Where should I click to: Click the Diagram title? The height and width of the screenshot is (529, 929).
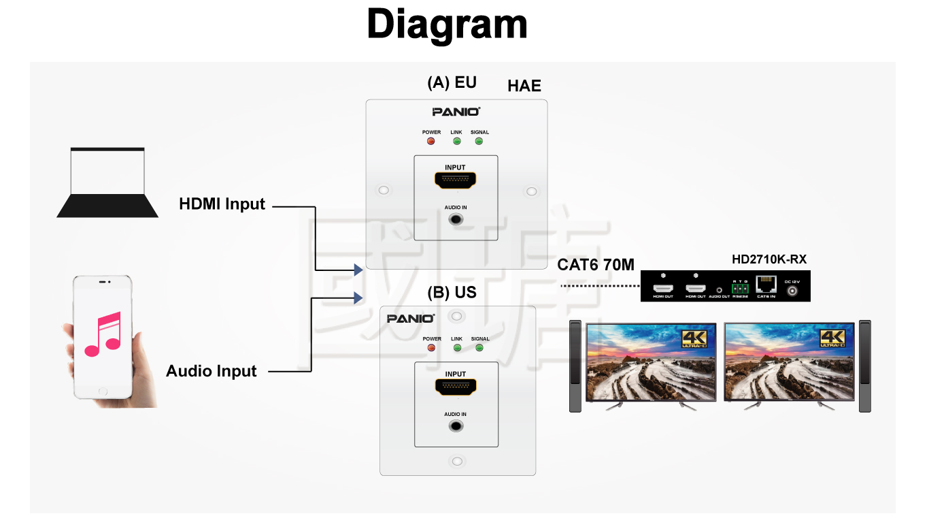click(x=447, y=25)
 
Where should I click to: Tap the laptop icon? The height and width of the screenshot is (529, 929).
click(x=107, y=182)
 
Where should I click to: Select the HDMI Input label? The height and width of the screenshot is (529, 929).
click(x=222, y=204)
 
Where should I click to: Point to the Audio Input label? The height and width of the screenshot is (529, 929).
click(x=212, y=371)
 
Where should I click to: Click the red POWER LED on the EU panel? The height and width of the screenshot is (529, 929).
click(x=430, y=141)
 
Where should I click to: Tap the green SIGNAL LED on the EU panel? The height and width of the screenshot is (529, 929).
click(x=479, y=141)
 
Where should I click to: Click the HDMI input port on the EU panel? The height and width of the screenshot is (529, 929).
click(x=456, y=180)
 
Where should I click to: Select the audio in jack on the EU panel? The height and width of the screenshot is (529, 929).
click(x=456, y=219)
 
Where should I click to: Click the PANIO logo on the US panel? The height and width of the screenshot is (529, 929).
click(x=411, y=319)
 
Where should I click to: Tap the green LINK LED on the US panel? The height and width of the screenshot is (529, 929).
click(x=456, y=348)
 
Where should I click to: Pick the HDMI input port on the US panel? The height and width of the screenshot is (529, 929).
click(x=456, y=387)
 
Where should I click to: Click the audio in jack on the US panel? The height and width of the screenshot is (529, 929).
click(x=456, y=426)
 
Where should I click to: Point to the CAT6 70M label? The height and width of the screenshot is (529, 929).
click(x=596, y=265)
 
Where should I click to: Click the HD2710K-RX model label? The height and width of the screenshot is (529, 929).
click(x=769, y=259)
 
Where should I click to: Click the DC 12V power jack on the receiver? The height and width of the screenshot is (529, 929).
click(x=792, y=291)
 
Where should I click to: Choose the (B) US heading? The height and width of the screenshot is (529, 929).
click(x=452, y=293)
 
